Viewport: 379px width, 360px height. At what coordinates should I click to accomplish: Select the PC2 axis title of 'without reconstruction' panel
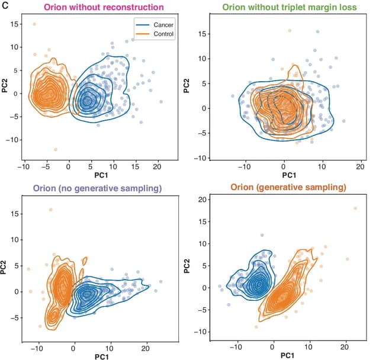7,88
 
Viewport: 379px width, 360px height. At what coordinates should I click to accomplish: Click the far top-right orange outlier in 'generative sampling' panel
355,208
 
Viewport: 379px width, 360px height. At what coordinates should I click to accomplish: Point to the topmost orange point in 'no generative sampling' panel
51,210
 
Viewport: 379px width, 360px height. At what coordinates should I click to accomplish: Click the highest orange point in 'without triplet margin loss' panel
290,31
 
